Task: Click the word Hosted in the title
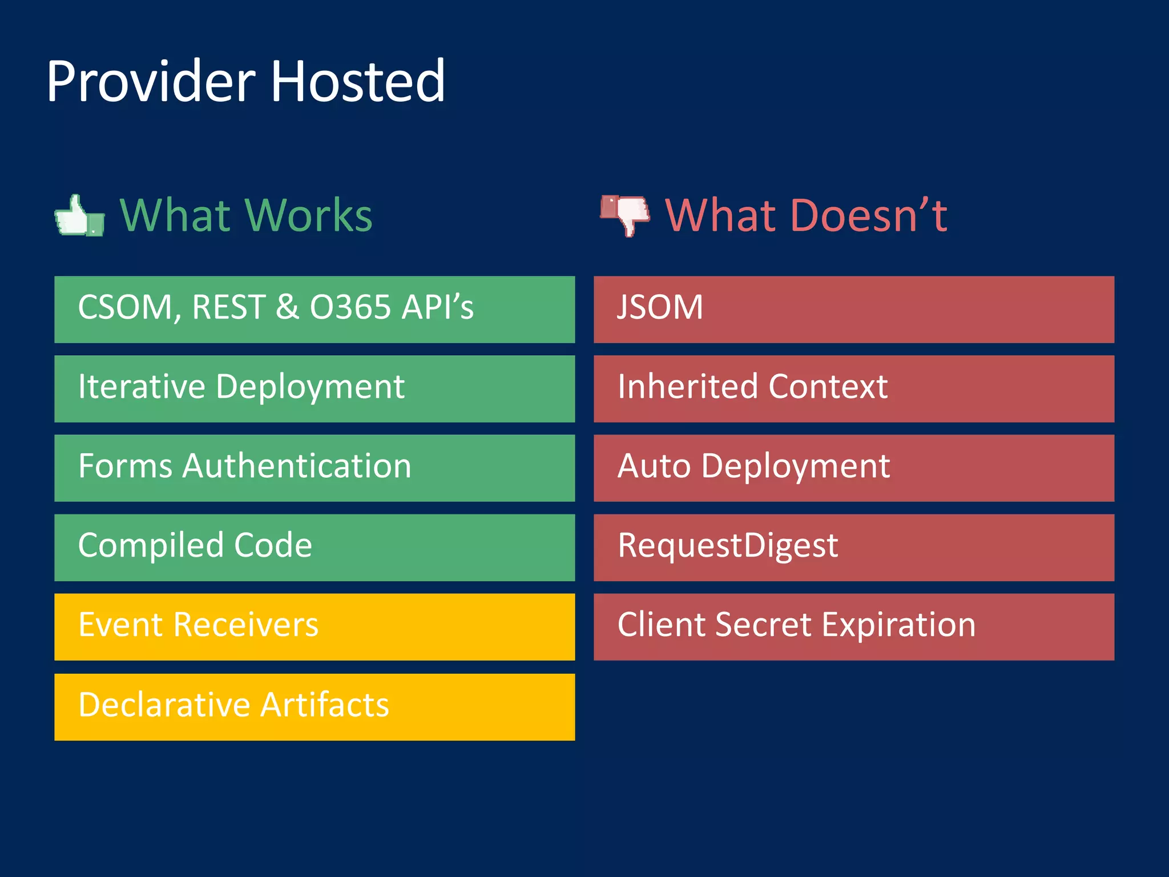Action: (357, 82)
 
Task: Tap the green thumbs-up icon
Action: (79, 216)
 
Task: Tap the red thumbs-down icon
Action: (625, 214)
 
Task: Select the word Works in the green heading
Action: (310, 216)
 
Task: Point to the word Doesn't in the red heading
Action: (862, 216)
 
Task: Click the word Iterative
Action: (141, 387)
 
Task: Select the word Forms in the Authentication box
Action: (125, 466)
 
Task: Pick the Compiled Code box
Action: (314, 547)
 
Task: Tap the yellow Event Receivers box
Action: (314, 626)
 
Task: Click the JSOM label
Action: (660, 307)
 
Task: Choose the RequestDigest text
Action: (728, 545)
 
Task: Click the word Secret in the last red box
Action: (763, 625)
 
